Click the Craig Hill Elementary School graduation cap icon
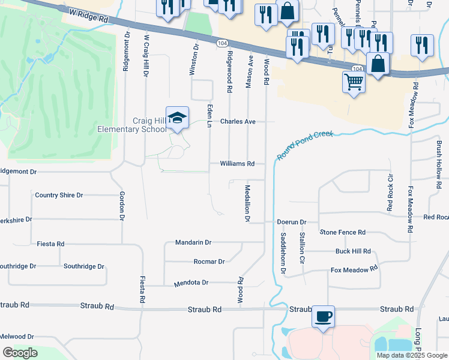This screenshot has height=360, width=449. click(x=177, y=118)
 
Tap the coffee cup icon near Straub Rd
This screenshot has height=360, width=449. click(x=324, y=316)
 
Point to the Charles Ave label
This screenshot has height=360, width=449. click(x=238, y=121)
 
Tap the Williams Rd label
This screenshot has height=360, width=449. click(x=237, y=163)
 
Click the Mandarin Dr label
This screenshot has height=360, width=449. click(x=193, y=242)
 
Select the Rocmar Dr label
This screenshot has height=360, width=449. click(x=209, y=262)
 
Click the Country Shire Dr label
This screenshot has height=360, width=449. click(x=59, y=195)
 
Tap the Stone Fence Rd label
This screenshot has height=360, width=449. click(x=343, y=232)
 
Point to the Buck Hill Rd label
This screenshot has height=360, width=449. click(x=353, y=251)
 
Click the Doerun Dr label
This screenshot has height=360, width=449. click(x=292, y=222)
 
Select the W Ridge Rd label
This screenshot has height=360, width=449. click(x=89, y=16)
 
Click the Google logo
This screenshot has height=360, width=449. click(x=20, y=353)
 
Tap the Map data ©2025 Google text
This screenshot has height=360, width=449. click(x=412, y=355)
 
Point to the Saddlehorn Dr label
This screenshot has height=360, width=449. click(x=283, y=253)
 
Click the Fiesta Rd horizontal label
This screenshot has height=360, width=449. click(x=50, y=244)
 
